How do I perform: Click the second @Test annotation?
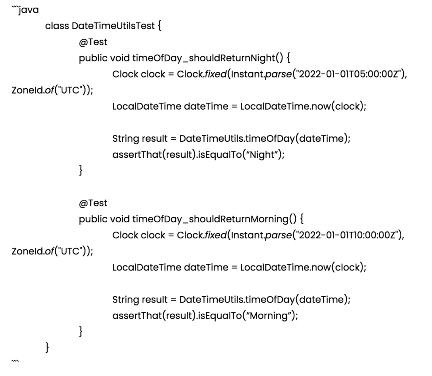[93, 203]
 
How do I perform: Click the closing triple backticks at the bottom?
[14, 362]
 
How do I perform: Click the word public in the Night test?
[93, 58]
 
